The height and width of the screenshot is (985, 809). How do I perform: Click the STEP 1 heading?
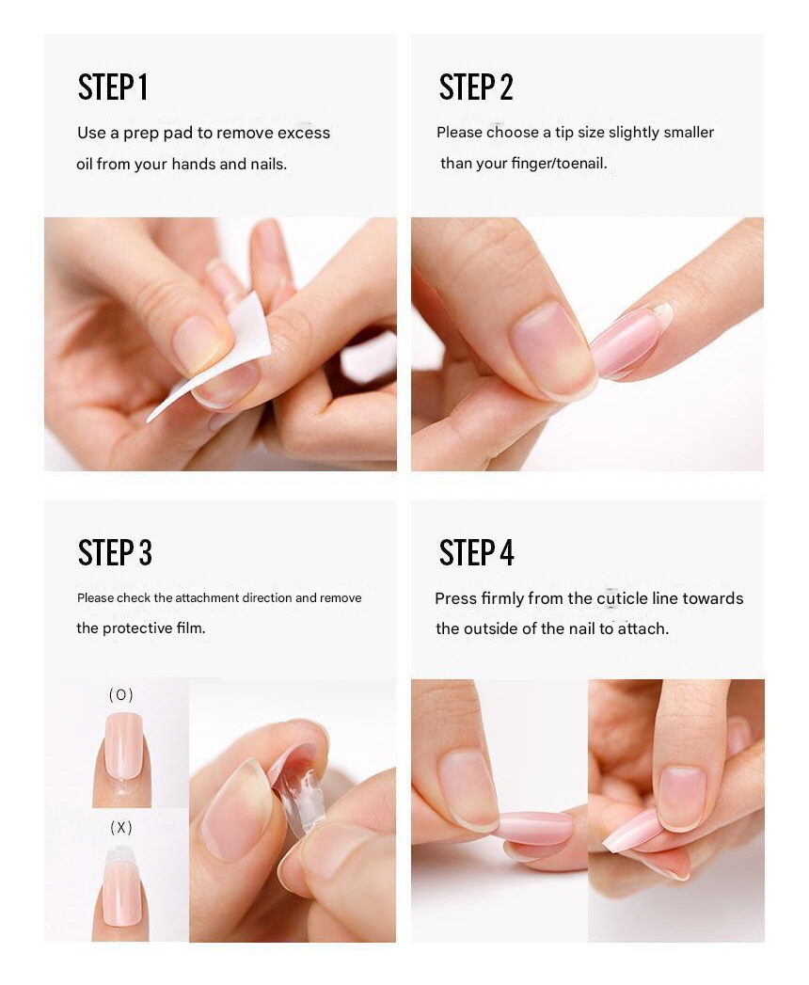click(113, 87)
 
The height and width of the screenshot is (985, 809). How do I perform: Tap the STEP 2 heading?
click(476, 87)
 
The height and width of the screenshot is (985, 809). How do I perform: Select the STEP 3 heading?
click(115, 553)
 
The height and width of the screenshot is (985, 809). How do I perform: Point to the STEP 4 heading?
click(477, 553)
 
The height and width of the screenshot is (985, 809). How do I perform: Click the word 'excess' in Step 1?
click(304, 134)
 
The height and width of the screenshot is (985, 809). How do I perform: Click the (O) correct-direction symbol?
click(120, 695)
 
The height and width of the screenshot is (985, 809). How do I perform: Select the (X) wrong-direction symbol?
click(120, 828)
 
